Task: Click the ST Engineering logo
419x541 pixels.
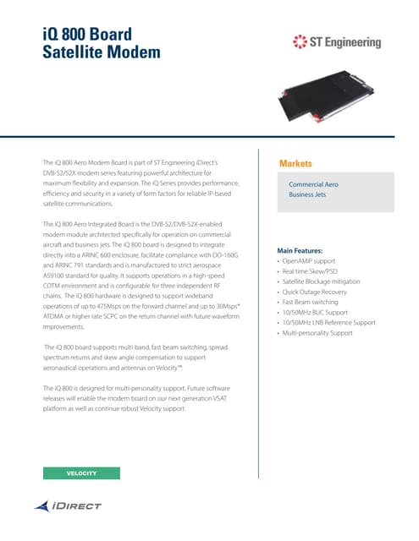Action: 336,42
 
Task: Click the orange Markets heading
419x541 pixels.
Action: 295,163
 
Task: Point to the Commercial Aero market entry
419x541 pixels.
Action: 315,183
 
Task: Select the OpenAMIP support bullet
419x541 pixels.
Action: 311,261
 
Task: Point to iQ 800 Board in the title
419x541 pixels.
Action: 87,34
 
